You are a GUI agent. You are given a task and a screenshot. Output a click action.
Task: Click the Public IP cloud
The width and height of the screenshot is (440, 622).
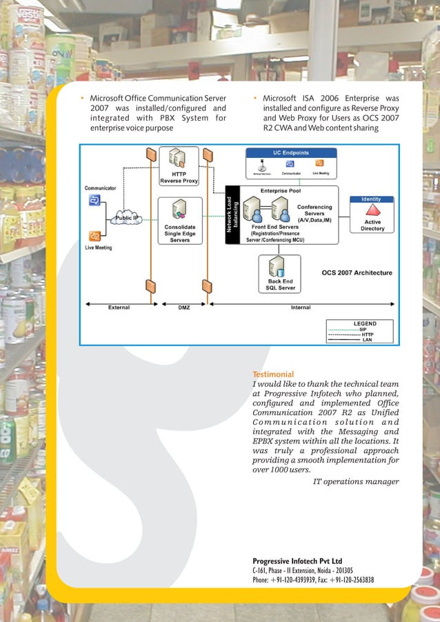[126, 218]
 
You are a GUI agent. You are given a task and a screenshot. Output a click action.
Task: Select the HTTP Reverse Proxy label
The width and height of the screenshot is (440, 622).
[179, 177]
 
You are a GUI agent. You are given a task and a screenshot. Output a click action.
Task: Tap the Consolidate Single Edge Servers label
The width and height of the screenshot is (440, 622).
[180, 233]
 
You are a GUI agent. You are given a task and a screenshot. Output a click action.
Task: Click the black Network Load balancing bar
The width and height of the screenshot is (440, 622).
[232, 214]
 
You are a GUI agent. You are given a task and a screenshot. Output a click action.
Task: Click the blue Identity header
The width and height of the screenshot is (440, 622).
[372, 199]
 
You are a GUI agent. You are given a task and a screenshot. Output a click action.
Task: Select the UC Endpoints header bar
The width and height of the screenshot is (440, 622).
[290, 152]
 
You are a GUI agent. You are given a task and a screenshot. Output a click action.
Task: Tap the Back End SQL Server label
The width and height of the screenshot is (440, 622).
[281, 285]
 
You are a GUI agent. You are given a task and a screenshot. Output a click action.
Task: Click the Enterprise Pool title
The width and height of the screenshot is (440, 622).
[280, 190]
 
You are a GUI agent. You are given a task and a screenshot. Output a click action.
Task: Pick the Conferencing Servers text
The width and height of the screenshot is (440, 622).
[314, 210]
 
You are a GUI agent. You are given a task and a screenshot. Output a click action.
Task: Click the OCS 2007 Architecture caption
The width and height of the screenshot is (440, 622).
[357, 273]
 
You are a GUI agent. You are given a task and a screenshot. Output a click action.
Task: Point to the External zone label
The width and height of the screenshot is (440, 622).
[119, 308]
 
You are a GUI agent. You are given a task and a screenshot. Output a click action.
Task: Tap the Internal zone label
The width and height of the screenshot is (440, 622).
[301, 308]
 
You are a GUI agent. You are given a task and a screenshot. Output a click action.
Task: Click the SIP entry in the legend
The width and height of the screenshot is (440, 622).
[363, 330]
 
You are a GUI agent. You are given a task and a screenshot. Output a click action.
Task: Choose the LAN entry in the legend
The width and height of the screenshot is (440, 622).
[367, 339]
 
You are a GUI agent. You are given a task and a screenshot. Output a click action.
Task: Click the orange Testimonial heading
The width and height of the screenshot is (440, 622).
[273, 374]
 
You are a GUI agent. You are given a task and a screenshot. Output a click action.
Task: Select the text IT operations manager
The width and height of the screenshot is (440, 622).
[356, 481]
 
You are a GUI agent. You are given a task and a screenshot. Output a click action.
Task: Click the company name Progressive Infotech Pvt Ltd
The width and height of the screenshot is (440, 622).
[297, 561]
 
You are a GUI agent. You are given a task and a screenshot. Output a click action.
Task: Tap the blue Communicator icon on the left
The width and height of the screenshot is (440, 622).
[94, 201]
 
